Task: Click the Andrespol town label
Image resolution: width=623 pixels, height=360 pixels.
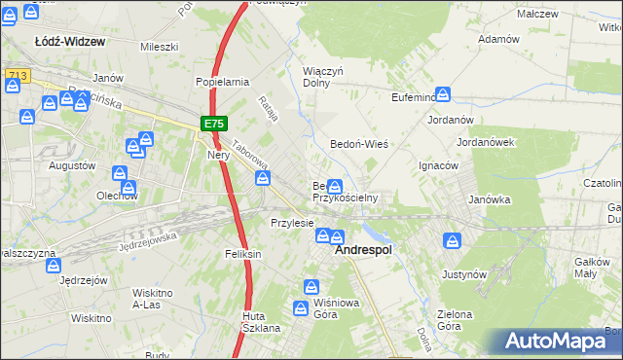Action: click(363, 250)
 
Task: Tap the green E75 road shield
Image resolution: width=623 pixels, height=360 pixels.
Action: click(215, 124)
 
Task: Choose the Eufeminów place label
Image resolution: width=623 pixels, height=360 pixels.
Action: click(401, 98)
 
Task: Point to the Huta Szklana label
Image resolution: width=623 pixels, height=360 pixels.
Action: click(262, 322)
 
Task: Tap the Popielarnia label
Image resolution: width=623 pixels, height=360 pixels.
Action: click(223, 83)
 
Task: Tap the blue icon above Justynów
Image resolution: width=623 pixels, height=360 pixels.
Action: click(452, 240)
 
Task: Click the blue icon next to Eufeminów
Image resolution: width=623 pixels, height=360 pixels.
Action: click(443, 95)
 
